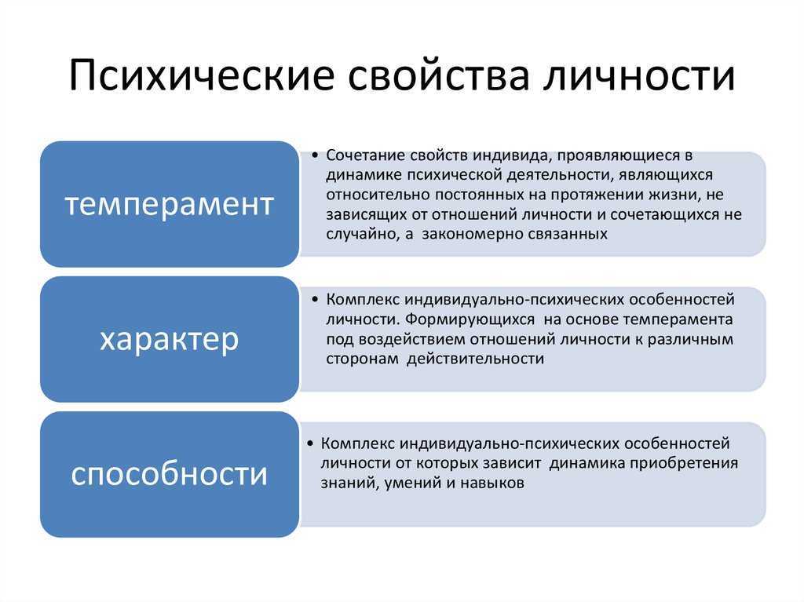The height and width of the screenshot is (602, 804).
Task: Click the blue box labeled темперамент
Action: (x=170, y=204)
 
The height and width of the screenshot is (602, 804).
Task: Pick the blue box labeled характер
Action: (x=170, y=339)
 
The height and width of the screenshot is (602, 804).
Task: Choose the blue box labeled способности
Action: (x=170, y=474)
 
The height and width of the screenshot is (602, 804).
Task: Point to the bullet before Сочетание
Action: (x=315, y=155)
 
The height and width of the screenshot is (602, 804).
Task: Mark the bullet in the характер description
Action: (x=315, y=300)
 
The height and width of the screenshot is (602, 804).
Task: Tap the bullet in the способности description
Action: (x=309, y=443)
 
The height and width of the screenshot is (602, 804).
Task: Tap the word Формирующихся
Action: (x=470, y=319)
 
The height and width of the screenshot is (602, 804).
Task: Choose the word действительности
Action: (x=475, y=359)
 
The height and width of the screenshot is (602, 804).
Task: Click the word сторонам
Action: (x=362, y=359)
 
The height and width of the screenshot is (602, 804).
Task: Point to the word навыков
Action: (x=492, y=483)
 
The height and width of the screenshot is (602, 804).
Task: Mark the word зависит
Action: (x=512, y=464)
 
